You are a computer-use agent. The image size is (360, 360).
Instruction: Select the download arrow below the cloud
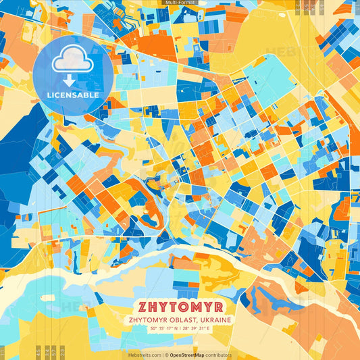point(69,82)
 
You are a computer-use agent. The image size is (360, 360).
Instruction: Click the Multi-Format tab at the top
point(180,3)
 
